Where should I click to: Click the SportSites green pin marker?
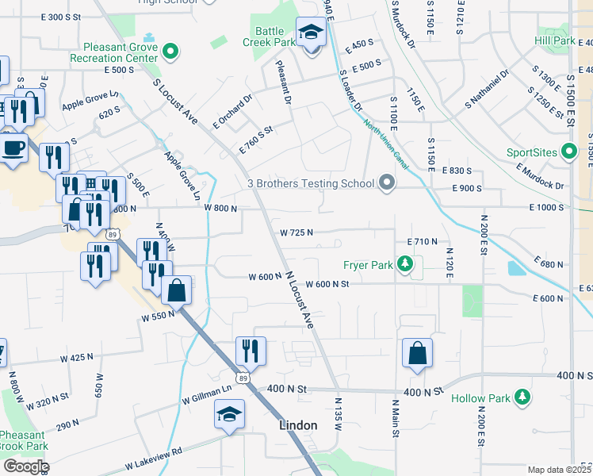click(x=568, y=151)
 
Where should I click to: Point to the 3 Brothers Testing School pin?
click(x=386, y=183)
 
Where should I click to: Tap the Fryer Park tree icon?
click(x=405, y=264)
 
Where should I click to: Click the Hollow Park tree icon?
click(x=522, y=397)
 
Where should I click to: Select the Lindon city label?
click(x=299, y=425)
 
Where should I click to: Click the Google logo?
click(x=25, y=466)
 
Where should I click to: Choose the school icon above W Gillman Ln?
click(x=230, y=414)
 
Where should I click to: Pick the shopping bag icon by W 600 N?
click(x=177, y=290)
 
